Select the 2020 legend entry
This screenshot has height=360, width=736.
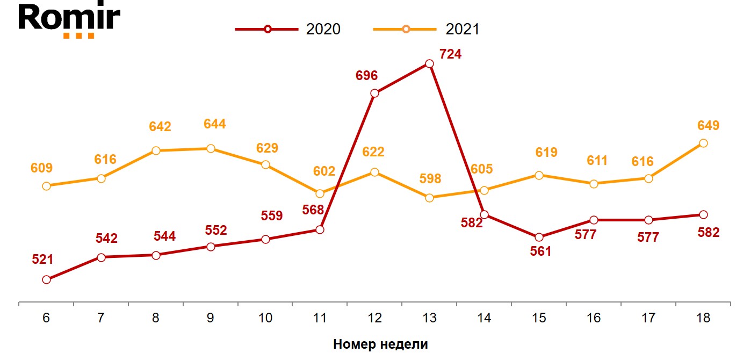(x=288, y=29)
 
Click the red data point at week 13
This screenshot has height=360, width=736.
(x=429, y=63)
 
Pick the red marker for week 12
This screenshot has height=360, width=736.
(x=375, y=93)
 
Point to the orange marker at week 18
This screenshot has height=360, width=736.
(x=703, y=143)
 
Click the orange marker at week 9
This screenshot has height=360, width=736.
(x=211, y=148)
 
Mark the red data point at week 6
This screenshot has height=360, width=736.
(x=46, y=279)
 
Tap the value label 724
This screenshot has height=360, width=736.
(x=450, y=54)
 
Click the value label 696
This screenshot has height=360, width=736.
(x=367, y=76)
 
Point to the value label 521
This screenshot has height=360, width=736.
(x=42, y=260)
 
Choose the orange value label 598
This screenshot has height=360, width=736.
(x=430, y=179)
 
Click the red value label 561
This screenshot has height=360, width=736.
(x=540, y=251)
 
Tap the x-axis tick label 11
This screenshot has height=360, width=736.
(x=320, y=318)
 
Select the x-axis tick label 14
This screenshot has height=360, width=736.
(x=484, y=318)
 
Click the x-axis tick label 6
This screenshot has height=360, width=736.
(x=46, y=318)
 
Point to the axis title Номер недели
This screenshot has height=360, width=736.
(x=380, y=344)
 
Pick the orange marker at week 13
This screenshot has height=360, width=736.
(x=429, y=198)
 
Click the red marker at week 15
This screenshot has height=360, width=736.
(x=539, y=237)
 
